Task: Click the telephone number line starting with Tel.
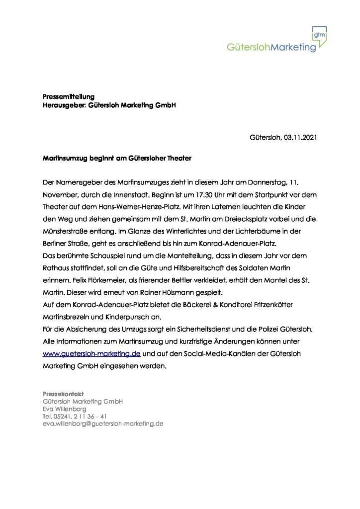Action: click(75, 417)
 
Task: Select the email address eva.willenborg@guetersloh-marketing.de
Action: click(103, 424)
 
